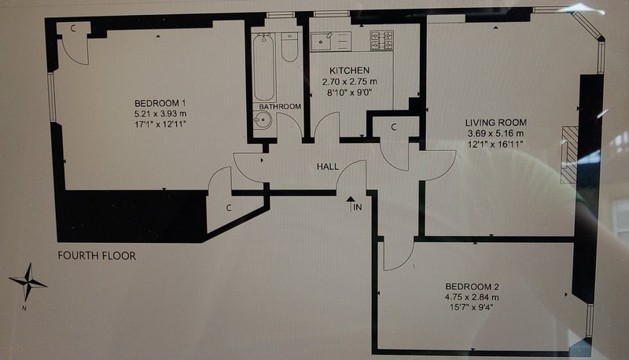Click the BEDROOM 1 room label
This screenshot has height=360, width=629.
coord(160,103)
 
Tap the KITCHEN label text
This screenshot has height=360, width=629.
coord(349,71)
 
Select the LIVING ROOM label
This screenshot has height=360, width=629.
coord(496,123)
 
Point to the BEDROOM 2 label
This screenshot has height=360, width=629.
coord(473,287)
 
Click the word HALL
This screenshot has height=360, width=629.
coord(328,167)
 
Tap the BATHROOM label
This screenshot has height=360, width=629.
coord(280,107)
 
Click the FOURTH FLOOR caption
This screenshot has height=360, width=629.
coord(97,255)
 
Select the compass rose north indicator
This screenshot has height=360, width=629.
coord(28,283)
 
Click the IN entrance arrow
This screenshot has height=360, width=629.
coord(351,204)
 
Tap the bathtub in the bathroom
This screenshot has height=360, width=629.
coord(264,68)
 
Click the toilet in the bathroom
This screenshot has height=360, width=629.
coord(289,47)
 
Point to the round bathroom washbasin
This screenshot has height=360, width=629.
coord(263,119)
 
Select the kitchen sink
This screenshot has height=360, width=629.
coord(322,42)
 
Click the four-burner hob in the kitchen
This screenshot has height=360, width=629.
coord(381,41)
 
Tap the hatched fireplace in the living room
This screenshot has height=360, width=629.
coord(568,155)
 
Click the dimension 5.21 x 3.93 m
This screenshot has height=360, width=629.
coord(160,113)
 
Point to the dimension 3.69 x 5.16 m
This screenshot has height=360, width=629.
coord(495,134)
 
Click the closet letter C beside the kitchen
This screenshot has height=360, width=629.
coord(394,127)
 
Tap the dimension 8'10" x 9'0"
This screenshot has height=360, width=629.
coord(350,92)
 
